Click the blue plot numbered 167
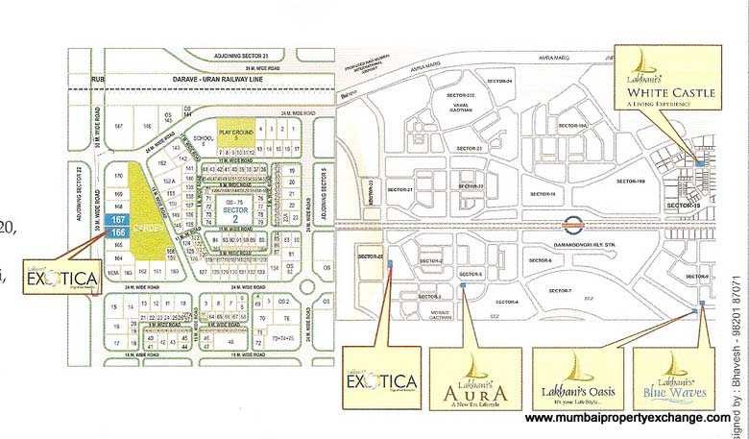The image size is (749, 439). [119, 220]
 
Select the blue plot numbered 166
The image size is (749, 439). [119, 232]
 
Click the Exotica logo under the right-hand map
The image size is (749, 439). [382, 378]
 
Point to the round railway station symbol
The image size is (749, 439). [571, 228]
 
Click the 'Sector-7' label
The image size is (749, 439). [561, 290]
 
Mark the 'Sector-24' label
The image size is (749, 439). [502, 80]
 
